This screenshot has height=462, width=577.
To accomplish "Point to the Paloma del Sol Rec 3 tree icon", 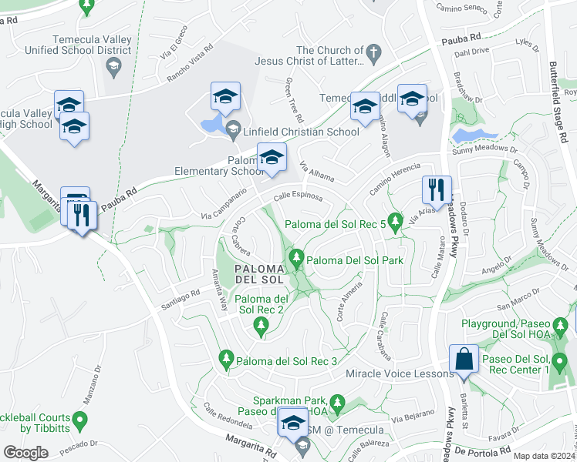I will click(226, 358).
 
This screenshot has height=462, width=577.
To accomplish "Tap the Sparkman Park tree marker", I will click(336, 401).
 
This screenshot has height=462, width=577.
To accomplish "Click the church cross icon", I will click(374, 54).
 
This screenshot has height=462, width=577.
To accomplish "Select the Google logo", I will click(26, 452).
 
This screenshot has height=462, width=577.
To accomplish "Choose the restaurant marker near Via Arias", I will click(437, 190).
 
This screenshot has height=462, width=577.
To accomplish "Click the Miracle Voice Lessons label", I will click(399, 373).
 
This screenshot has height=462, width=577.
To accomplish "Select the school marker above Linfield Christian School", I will click(225, 98).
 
